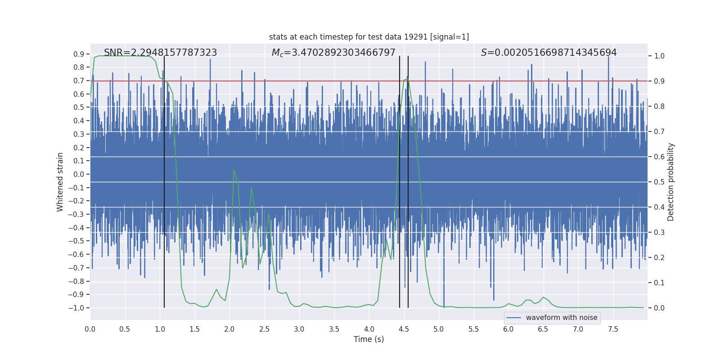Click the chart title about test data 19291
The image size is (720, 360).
click(x=369, y=37)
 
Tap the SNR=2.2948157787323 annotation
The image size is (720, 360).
click(x=160, y=53)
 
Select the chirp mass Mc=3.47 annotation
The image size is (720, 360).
click(x=333, y=53)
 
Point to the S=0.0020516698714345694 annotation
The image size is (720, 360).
click(x=549, y=53)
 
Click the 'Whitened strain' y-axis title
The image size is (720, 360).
click(x=60, y=182)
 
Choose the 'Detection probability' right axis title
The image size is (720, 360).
click(x=671, y=182)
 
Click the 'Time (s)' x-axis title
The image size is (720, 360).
click(x=369, y=339)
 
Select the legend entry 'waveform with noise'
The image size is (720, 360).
click(x=561, y=318)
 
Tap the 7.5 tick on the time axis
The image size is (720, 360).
click(x=613, y=329)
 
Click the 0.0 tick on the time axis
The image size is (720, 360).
click(x=90, y=329)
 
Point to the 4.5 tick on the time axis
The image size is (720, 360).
click(x=404, y=329)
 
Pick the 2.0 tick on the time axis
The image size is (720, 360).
click(x=229, y=329)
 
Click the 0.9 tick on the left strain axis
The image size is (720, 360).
click(x=79, y=54)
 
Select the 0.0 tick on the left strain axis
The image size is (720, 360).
click(x=79, y=174)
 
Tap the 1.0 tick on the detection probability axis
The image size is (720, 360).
click(x=659, y=56)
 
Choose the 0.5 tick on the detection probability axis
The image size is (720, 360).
click(x=659, y=182)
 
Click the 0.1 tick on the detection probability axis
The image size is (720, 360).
click(x=659, y=283)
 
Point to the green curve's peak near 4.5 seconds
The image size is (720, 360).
click(x=407, y=79)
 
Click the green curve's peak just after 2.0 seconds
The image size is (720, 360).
click(x=234, y=170)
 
